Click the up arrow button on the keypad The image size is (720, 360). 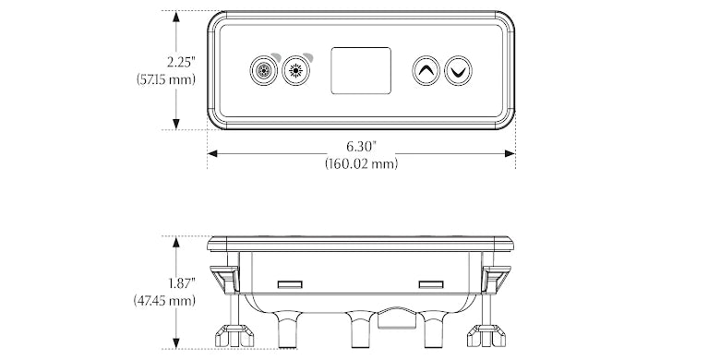426,70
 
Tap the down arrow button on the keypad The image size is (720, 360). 458,70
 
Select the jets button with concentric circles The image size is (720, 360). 264,71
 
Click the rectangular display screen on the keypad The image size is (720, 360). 361,70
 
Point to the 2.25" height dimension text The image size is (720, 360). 181,62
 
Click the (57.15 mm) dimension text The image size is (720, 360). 166,79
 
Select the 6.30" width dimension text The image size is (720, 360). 361,147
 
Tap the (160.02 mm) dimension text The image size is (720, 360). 361,163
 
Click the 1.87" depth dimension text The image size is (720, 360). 181,283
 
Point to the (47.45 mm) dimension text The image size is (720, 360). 165,301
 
